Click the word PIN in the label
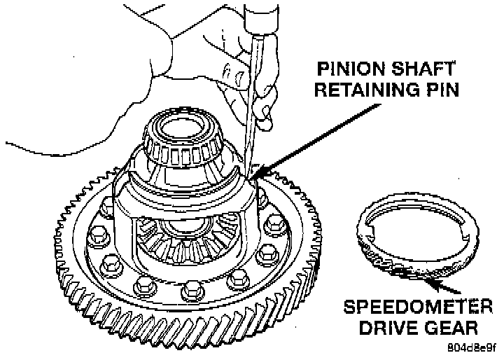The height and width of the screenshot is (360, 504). point(439,90)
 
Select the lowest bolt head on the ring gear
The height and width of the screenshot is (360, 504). point(190,290)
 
